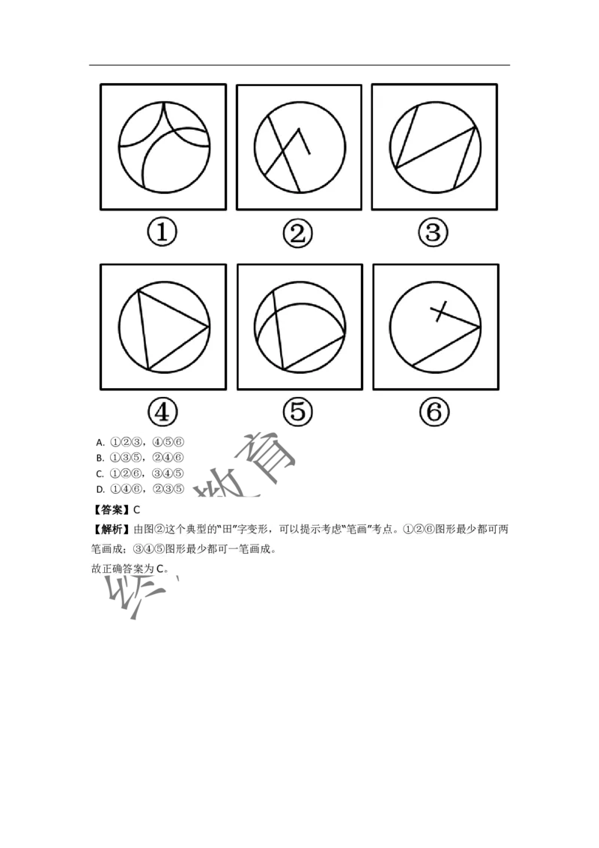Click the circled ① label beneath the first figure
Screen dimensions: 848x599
tap(162, 233)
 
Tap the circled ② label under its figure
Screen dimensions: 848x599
tap(297, 234)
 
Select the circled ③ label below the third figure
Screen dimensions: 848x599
tap(433, 233)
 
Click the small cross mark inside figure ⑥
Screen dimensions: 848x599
tap(441, 311)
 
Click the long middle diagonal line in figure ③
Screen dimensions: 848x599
tap(434, 147)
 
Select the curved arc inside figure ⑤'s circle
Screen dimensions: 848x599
tap(299, 315)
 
